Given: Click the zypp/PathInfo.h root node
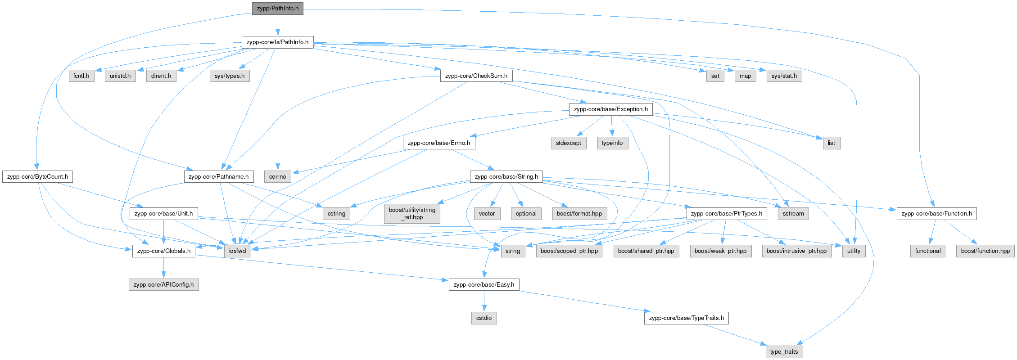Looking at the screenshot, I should pyautogui.click(x=277, y=9).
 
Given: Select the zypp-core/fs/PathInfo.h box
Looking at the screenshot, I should pyautogui.click(x=277, y=42).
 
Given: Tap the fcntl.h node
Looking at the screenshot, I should pyautogui.click(x=81, y=76).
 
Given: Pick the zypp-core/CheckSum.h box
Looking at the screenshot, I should pyautogui.click(x=476, y=76).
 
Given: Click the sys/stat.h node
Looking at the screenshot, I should pyautogui.click(x=784, y=76).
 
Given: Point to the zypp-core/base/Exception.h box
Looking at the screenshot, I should pyautogui.click(x=610, y=109).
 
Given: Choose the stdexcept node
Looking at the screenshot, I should pyautogui.click(x=568, y=143).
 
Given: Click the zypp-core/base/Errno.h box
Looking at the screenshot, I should pyautogui.click(x=438, y=143).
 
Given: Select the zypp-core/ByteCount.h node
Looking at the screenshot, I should pyautogui.click(x=37, y=177).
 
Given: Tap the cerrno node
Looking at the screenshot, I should pyautogui.click(x=277, y=177).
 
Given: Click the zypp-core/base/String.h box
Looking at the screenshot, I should pyautogui.click(x=506, y=177).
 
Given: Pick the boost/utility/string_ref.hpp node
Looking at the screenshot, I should pyautogui.click(x=412, y=214).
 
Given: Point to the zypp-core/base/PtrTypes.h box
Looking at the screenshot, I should pyautogui.click(x=726, y=214).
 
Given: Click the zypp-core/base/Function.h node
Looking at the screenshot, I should pyautogui.click(x=936, y=214).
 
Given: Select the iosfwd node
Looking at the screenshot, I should pyautogui.click(x=237, y=251).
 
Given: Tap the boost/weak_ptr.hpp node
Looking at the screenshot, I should pyautogui.click(x=720, y=251).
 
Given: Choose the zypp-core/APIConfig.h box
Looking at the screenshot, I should pyautogui.click(x=163, y=285).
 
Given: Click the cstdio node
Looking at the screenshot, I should pyautogui.click(x=484, y=318).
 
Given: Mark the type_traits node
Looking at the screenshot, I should pyautogui.click(x=784, y=352).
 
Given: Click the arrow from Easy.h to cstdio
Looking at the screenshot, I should pyautogui.click(x=484, y=301).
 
